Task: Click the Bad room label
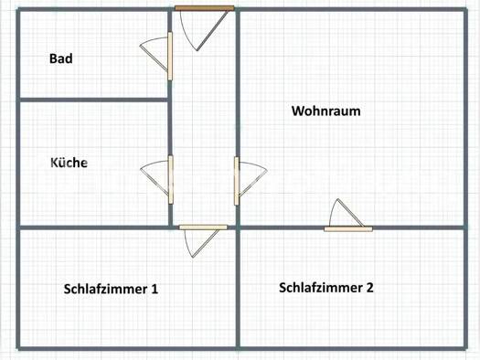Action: [61, 58]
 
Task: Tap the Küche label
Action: [69, 163]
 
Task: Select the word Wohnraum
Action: [326, 111]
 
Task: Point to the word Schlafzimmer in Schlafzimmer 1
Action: [106, 289]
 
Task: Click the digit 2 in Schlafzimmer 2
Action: [369, 288]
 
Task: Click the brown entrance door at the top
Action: [205, 8]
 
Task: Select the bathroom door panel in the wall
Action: [170, 57]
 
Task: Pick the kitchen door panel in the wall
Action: [170, 179]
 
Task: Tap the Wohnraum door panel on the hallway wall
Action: [236, 181]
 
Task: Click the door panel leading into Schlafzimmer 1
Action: [203, 228]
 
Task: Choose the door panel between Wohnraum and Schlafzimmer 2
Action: [348, 229]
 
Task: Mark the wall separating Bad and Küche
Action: [93, 100]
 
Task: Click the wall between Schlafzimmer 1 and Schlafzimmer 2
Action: [238, 288]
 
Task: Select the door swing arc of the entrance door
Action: [186, 34]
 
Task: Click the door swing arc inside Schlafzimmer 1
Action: [187, 245]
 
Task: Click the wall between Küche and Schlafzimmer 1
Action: [93, 228]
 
